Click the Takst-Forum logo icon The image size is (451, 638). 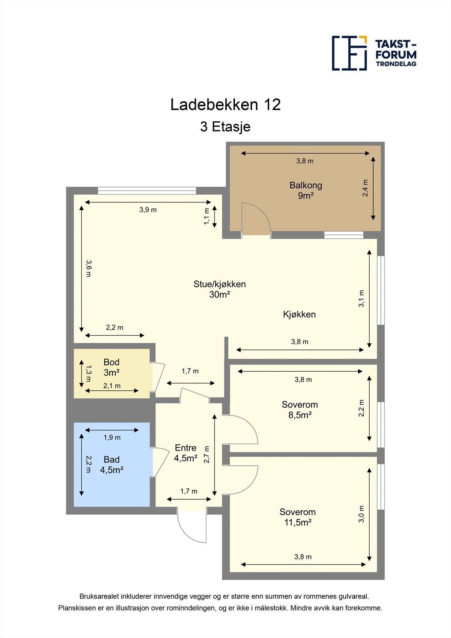coord(349,53)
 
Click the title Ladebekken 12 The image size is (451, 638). coord(225,105)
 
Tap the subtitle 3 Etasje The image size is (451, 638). coord(225,127)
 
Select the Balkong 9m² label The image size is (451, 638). coord(305,190)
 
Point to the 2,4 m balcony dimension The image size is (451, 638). coord(365,188)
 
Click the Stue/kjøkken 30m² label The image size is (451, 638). coord(220,289)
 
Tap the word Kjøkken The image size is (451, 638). coord(299,314)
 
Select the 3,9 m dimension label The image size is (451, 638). coord(148,210)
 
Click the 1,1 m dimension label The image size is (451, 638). coord(207,216)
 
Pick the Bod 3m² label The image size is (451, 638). coord(111,367)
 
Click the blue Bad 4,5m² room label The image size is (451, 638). coord(111,465)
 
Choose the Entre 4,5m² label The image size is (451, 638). coord(185,453)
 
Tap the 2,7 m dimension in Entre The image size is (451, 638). coord(207,454)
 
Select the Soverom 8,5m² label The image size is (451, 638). coord(299,410)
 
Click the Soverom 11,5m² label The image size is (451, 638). coord(297,517)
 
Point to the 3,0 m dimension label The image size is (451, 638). coord(361,514)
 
